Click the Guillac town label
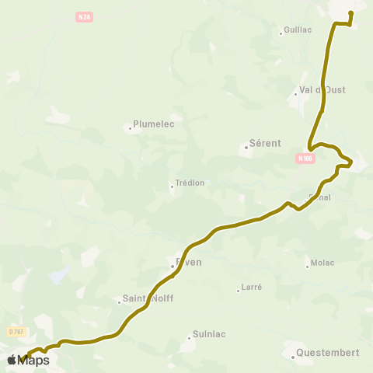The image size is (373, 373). point(298,30)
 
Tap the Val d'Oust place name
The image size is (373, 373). point(322,89)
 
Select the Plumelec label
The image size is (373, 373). point(154,123)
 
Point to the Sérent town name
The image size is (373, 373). point(265,144)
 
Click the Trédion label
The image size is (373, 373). point(190,183)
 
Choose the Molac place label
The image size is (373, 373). point(322,263)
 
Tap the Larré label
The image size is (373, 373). point(252,287)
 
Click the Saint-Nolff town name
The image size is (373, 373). point(148,298)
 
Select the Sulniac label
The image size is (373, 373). point(209,334)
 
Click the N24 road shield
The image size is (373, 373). point(85,17)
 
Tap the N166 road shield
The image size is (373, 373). point(305,159)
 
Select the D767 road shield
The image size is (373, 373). point(16,331)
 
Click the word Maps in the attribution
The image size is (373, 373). point(33,360)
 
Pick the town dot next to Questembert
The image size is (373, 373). point(293,357)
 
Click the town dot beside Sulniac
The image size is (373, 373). point(189,338)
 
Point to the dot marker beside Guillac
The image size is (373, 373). point(281,33)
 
